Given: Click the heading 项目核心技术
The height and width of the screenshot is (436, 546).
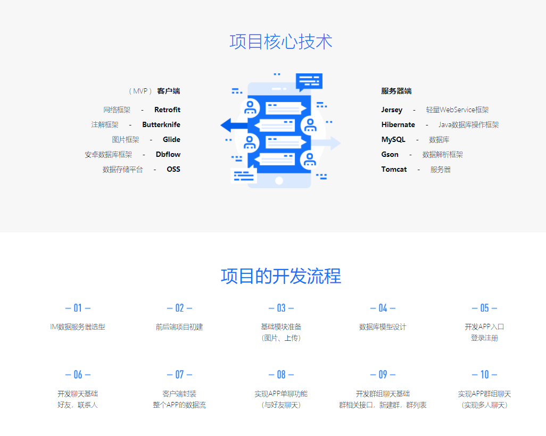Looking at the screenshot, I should (x=281, y=42).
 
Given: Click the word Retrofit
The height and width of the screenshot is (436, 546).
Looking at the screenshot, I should (x=167, y=110).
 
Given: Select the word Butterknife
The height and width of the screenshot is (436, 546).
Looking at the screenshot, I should (x=161, y=125).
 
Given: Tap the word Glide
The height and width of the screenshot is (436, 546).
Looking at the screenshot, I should (x=171, y=140).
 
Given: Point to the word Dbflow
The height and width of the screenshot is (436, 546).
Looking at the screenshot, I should (x=168, y=155).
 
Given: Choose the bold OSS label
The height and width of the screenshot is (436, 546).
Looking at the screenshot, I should (x=173, y=170).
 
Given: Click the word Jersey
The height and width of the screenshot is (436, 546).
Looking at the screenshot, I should (x=392, y=110).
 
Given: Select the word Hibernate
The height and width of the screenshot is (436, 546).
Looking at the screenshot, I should (x=398, y=125).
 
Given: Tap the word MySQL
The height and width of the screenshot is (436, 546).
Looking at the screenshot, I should (x=393, y=140).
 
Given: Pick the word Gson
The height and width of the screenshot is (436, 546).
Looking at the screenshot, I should (x=390, y=155).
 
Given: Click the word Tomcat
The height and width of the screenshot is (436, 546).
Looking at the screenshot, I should (x=394, y=170).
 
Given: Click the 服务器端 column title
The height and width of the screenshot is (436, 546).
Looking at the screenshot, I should (x=396, y=91).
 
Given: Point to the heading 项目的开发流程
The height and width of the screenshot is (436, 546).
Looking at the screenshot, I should (x=281, y=276).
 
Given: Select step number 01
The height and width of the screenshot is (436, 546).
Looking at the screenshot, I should (x=78, y=308).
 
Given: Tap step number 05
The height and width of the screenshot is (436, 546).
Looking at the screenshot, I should (x=484, y=308).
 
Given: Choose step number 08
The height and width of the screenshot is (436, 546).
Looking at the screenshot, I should (x=281, y=375).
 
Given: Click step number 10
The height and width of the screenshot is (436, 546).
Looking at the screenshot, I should (x=484, y=375).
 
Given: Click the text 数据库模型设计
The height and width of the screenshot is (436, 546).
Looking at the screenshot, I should (x=383, y=327).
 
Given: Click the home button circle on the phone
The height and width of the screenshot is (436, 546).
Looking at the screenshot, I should (x=279, y=181).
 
